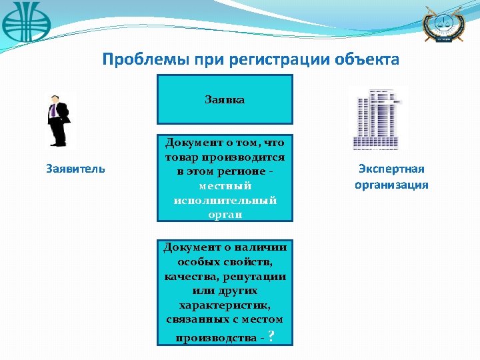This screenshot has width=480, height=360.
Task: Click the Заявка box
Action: pyautogui.click(x=225, y=99)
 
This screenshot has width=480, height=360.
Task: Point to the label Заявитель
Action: pyautogui.click(x=75, y=169)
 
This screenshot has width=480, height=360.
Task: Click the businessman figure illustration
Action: pyautogui.click(x=58, y=120)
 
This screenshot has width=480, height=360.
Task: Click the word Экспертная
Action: pyautogui.click(x=391, y=169)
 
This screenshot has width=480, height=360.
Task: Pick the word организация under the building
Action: pyautogui.click(x=391, y=185)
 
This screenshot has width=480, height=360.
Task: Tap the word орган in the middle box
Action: pyautogui.click(x=225, y=215)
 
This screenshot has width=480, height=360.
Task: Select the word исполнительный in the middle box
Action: pyautogui.click(x=225, y=200)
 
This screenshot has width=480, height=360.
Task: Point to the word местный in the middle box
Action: pyautogui.click(x=225, y=185)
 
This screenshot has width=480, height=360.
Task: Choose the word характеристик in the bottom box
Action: pyautogui.click(x=225, y=305)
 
